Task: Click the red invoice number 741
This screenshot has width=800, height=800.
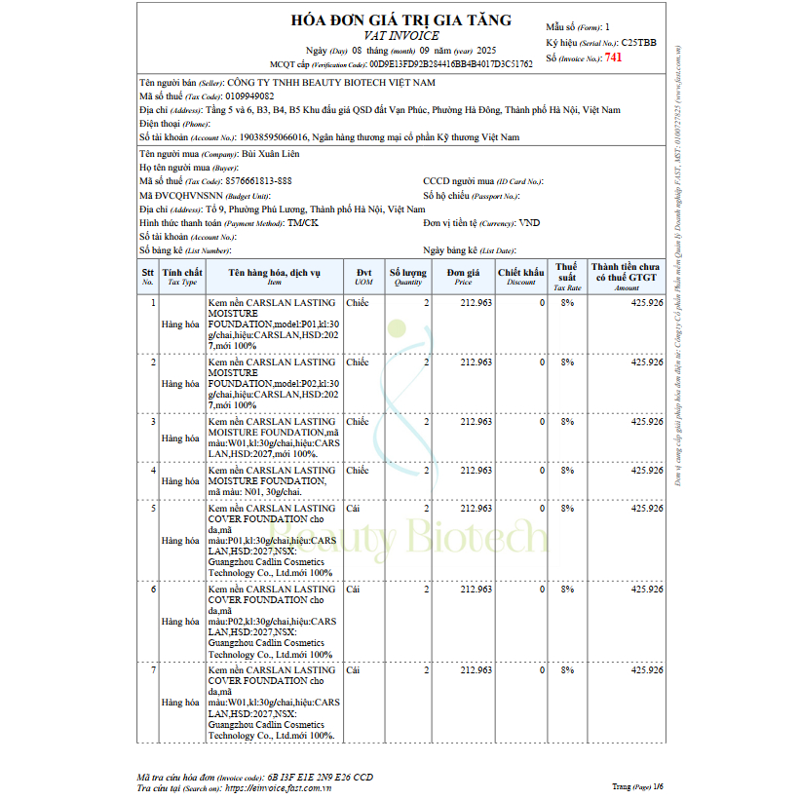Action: click(613, 57)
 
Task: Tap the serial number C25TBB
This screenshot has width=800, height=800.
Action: click(638, 43)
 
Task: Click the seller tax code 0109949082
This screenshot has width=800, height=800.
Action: click(249, 96)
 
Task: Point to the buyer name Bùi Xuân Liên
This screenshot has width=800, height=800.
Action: click(270, 154)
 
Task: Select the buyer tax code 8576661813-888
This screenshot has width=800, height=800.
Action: click(258, 181)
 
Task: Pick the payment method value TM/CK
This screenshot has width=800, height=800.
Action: click(302, 223)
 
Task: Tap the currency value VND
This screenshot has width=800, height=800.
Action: click(530, 223)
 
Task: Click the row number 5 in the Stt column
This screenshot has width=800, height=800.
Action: click(151, 508)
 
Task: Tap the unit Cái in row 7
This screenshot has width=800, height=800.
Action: click(353, 670)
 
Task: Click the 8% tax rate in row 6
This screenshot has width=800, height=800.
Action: click(567, 590)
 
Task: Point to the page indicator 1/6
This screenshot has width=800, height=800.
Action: click(658, 785)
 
